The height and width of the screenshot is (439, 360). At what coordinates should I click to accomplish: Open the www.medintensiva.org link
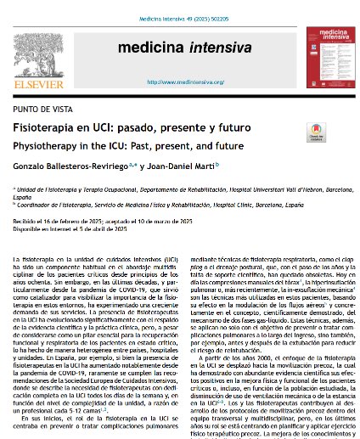click(179, 82)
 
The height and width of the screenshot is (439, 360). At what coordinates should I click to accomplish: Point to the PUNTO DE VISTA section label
click(43, 112)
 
